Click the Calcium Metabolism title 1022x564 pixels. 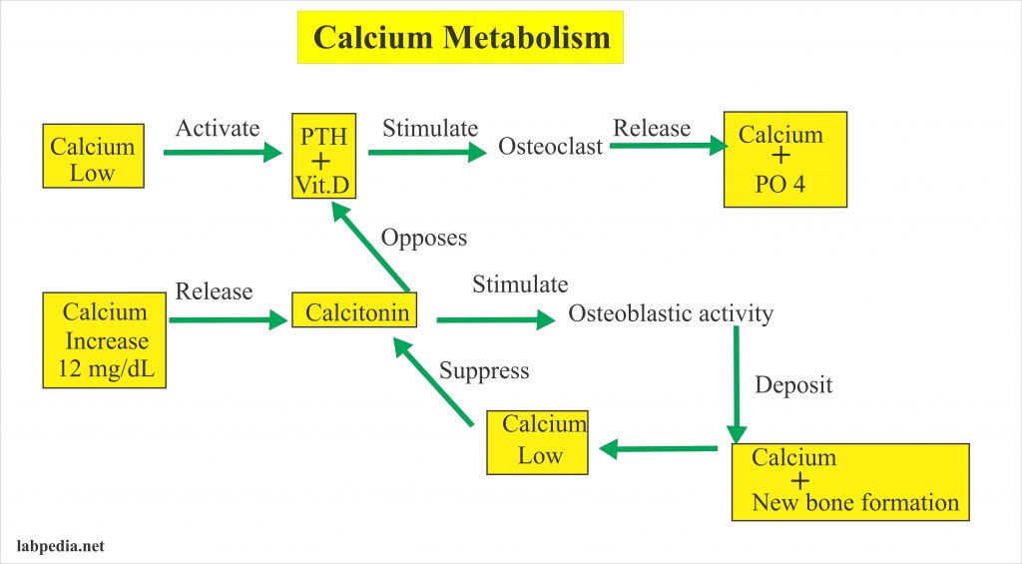[460, 38]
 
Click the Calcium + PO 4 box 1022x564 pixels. [784, 159]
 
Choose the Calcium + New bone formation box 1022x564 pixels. [849, 481]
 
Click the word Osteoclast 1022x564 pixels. [550, 147]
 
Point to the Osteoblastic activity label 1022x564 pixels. [671, 313]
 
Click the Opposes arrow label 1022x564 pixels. [424, 239]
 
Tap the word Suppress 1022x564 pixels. [484, 371]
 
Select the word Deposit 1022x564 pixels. [793, 385]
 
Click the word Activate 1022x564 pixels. [218, 128]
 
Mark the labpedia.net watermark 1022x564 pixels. [62, 546]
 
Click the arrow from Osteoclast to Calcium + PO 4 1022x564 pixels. [668, 147]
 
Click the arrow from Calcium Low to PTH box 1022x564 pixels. [222, 153]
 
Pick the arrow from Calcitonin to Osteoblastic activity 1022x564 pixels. [494, 320]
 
